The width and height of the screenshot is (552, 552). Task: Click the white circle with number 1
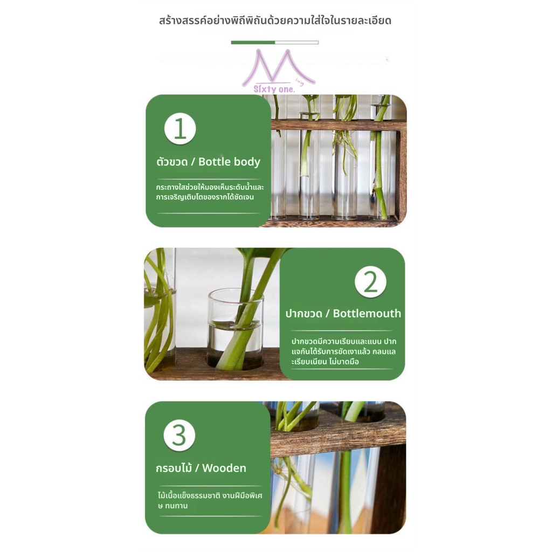click(x=180, y=128)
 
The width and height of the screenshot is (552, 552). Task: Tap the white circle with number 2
click(x=370, y=281)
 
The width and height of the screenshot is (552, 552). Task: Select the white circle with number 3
click(x=179, y=435)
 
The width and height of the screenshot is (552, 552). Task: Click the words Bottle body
click(x=229, y=162)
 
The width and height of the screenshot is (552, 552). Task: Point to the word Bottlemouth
click(x=367, y=313)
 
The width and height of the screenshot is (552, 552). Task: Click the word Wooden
click(x=224, y=468)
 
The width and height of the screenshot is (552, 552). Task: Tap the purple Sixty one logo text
click(x=274, y=89)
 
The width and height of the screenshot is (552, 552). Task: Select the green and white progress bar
click(x=274, y=42)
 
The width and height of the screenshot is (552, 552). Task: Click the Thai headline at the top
click(x=275, y=20)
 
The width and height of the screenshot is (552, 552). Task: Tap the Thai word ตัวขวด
click(x=172, y=162)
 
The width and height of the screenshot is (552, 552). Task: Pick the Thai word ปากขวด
click(x=304, y=313)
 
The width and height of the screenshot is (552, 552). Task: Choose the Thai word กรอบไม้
click(x=174, y=468)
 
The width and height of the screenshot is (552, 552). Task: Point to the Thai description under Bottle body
click(x=210, y=192)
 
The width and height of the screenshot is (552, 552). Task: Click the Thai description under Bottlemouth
click(x=343, y=351)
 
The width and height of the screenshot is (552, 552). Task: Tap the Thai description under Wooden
click(x=210, y=500)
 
